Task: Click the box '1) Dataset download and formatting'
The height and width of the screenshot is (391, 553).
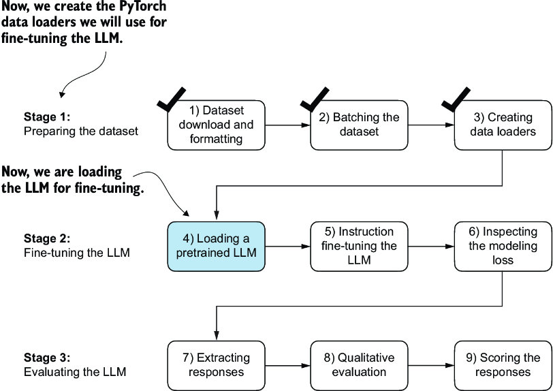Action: tap(216, 125)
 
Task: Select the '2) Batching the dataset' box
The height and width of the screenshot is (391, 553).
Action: tap(359, 125)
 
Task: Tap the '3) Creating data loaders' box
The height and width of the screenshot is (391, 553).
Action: tap(503, 125)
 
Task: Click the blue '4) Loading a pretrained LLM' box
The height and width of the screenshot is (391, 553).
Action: tap(216, 247)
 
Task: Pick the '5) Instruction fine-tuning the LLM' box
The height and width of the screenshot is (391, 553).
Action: tap(359, 247)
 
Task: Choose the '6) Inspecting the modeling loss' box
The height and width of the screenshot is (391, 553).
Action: tap(503, 247)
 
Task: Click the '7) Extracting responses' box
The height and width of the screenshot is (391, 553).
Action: tap(216, 366)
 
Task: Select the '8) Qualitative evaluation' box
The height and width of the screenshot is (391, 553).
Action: tap(359, 366)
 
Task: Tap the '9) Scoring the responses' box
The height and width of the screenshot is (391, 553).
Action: tap(503, 366)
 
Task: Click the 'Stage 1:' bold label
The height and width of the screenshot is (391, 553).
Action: tap(47, 116)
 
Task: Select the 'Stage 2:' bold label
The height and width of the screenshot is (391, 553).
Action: tap(47, 238)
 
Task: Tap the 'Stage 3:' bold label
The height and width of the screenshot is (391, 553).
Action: tap(47, 358)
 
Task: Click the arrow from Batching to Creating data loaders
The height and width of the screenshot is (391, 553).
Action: tap(431, 125)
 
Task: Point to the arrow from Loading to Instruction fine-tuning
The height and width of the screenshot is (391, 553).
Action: tap(288, 247)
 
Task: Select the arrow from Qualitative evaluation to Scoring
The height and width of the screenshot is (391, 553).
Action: tap(431, 366)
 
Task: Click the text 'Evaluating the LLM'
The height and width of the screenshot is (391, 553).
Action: tap(75, 372)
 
